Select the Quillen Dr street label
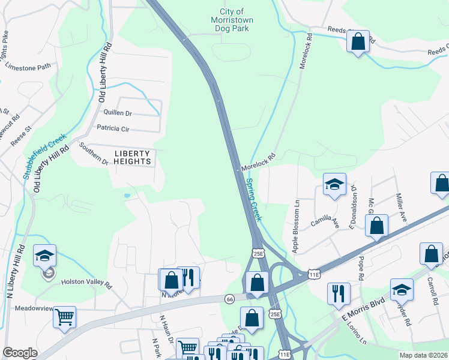[x=117, y=112]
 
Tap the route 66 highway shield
[x=229, y=298]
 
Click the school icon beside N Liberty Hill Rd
[x=45, y=256]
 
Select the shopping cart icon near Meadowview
[x=64, y=316]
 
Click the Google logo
[x=20, y=353]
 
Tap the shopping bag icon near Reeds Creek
[x=358, y=42]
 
